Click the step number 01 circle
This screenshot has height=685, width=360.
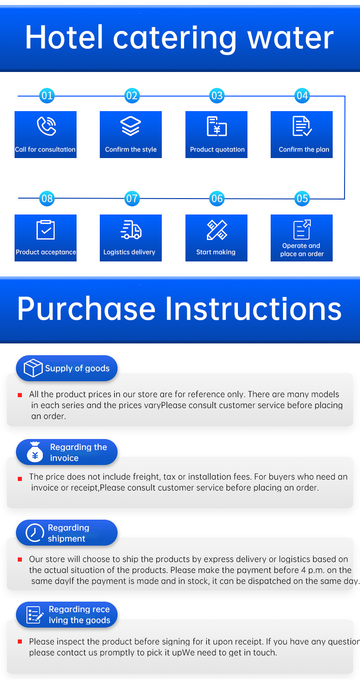pos(47,96)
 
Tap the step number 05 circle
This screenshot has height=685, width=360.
pos(302,199)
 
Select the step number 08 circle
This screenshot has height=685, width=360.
pos(47,199)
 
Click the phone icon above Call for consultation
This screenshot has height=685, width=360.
pos(46,126)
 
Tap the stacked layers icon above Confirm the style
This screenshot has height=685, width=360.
pos(131,126)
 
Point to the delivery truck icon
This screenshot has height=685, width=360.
pos(131,230)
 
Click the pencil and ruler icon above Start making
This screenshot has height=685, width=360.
pos(217,230)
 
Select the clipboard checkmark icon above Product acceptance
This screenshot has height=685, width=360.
pos(46,230)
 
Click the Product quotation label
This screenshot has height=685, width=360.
pos(217,149)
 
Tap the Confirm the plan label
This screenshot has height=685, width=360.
pos(303,149)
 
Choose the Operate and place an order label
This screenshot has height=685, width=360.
pos(302,250)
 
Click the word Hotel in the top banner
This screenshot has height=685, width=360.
pos(64,37)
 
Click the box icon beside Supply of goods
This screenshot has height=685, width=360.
pos(33,368)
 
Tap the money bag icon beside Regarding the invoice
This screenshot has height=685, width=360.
pos(35,452)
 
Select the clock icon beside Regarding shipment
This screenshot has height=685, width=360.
pos(35,533)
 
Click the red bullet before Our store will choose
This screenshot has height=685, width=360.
pos(20,560)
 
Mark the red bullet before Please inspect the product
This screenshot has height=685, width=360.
pos(20,642)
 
